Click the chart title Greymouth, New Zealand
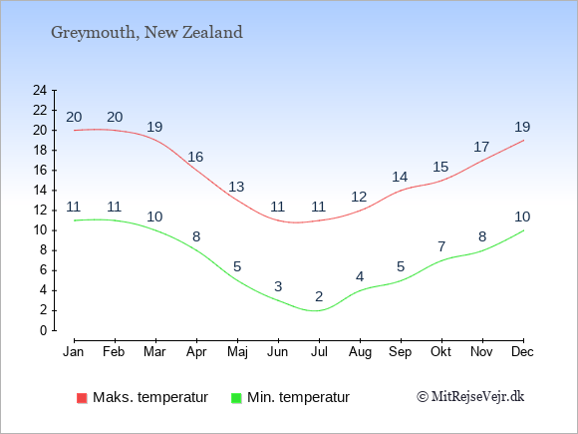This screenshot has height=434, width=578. point(146,33)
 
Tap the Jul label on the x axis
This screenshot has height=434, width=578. point(319,351)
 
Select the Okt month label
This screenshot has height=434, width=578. point(440,351)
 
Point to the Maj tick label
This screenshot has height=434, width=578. point(237,352)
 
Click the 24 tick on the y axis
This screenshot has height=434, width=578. point(40,90)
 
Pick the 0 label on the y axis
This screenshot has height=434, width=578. point(44,330)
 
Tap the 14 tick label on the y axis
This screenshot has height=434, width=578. point(40,191)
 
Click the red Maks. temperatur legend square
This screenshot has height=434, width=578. point(82,398)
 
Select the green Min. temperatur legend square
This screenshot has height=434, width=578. point(236,398)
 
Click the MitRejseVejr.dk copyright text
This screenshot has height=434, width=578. point(470,396)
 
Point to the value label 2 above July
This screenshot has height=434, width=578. point(319,296)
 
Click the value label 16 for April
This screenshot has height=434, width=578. point(195,157)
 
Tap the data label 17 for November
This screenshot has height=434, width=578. point(481,147)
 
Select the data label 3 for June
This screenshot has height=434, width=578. point(278,286)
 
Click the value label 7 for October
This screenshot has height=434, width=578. point(441,246)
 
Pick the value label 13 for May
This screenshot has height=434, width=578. point(236,187)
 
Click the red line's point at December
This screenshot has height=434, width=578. point(523,141)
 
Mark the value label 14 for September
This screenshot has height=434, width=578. point(400,177)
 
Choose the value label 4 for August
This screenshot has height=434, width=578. point(360,276)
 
